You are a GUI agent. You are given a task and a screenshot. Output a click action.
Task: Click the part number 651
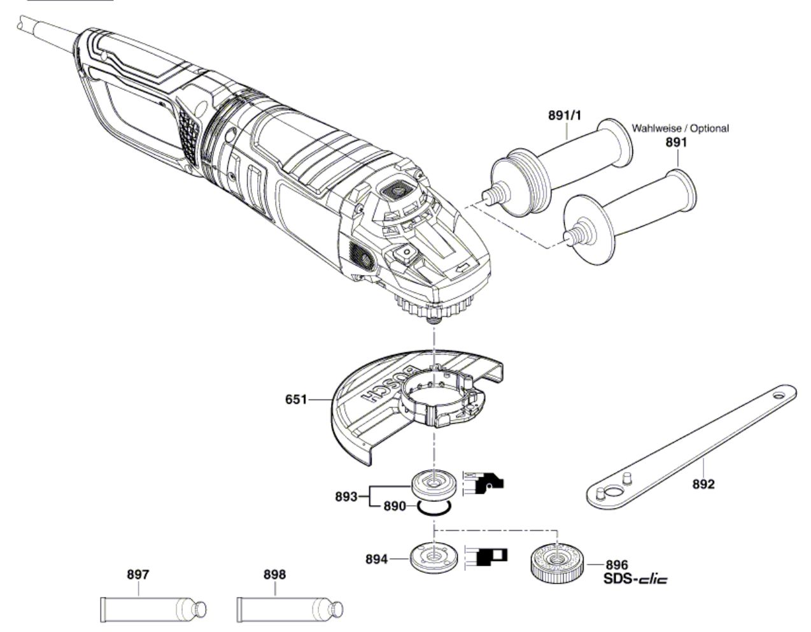click(295, 399)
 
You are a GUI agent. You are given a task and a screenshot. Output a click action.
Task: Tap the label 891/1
click(564, 115)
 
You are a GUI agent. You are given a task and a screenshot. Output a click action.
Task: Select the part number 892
click(703, 484)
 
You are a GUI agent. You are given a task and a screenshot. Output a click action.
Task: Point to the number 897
click(138, 575)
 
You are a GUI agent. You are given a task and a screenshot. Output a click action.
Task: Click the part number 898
click(274, 575)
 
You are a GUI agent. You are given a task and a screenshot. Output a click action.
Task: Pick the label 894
click(376, 559)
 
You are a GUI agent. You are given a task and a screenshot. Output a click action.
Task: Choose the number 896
click(617, 564)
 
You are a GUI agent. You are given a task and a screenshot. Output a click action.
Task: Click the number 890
click(395, 506)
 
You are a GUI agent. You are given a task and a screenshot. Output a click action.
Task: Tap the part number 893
click(346, 497)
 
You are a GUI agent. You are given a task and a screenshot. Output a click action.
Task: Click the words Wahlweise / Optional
click(680, 129)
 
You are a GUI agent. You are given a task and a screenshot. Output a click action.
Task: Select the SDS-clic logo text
click(635, 579)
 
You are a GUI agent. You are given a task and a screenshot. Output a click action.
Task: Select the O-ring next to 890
click(434, 513)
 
